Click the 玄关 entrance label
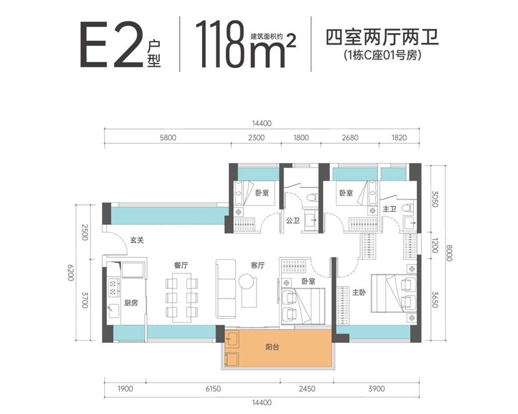pos(137,240)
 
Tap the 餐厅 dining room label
pos(181,265)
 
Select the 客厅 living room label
pos(258,265)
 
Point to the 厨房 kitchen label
pos(131,303)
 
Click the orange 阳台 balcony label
pos(272,347)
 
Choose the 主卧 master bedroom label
pos(359,292)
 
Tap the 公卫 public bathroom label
pos(293,220)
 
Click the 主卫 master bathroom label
pos(390,209)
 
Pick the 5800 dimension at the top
pos(168,137)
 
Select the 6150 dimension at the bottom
pos(213,389)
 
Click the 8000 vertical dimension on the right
pos(448,253)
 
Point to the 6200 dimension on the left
pos(71,273)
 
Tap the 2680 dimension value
pos(350,137)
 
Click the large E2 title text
pos(112,45)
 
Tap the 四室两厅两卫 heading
pos(382,38)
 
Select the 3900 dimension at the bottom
pos(377,389)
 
